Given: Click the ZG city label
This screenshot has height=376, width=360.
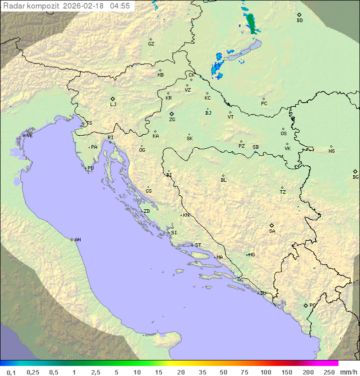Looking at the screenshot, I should click(x=172, y=120).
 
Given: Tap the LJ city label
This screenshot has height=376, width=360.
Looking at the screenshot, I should click(x=113, y=105).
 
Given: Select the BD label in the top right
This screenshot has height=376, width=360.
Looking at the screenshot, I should click(x=299, y=21).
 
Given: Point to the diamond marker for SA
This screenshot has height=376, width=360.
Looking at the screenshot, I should click(x=272, y=225).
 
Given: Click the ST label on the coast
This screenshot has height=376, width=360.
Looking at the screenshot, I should click(x=198, y=245).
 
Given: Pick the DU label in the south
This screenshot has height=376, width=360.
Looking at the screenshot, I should click(x=262, y=293).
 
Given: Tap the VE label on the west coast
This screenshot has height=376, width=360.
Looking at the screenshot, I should click(x=29, y=136).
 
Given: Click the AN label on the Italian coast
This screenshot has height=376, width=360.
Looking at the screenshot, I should click(x=77, y=240).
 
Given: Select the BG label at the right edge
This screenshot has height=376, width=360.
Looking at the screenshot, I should click(x=355, y=177).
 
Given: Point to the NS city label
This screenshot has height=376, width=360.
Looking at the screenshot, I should click(x=331, y=151).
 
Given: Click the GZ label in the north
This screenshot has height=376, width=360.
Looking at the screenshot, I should click(x=151, y=44).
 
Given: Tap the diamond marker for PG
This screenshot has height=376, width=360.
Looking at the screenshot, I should click(x=305, y=305).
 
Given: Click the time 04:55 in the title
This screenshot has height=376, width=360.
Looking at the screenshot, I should click(x=120, y=6).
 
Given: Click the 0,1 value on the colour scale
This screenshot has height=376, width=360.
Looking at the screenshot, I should click(x=11, y=372).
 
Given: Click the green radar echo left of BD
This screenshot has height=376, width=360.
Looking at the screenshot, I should click(x=251, y=23).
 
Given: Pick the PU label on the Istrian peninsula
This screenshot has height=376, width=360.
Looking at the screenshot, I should click(x=90, y=168).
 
